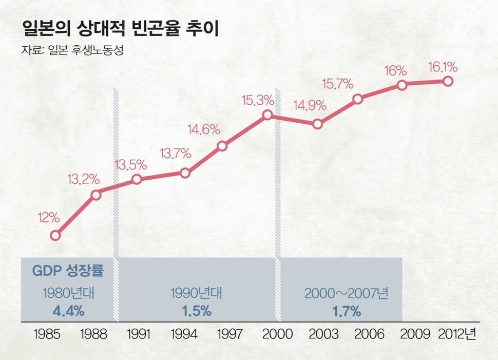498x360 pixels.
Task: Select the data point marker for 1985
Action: (x=55, y=236)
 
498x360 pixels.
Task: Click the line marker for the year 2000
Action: (x=267, y=115)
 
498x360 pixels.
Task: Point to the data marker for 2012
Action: (x=448, y=81)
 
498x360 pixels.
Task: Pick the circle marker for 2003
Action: (x=317, y=124)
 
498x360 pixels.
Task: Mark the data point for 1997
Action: (x=222, y=146)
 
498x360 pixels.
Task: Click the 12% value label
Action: (x=49, y=217)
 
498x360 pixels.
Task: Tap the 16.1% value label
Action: (x=443, y=67)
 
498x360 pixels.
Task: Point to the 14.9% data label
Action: (x=310, y=106)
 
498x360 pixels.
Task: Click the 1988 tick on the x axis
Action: (x=94, y=334)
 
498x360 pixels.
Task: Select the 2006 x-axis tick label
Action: (x=369, y=334)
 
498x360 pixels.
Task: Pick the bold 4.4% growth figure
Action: (x=68, y=311)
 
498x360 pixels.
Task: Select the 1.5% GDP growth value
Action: (x=197, y=311)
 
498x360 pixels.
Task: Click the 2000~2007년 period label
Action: (x=347, y=294)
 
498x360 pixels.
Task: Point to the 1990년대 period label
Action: (x=197, y=294)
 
